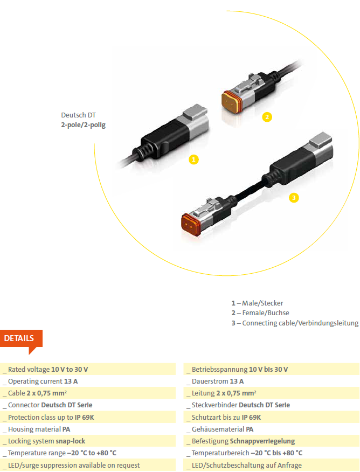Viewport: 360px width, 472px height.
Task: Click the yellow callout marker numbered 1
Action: click(x=193, y=159)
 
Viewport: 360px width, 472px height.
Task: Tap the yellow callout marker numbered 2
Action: click(x=267, y=117)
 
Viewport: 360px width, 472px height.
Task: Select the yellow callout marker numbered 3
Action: click(x=294, y=198)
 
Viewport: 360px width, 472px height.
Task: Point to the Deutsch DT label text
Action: click(x=78, y=115)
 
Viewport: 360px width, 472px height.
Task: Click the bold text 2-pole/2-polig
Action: click(x=84, y=125)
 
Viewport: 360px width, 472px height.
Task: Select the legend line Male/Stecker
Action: click(x=258, y=303)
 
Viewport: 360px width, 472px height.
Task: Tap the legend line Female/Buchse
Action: click(x=260, y=313)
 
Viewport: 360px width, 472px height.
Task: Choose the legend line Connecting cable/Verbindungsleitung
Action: click(x=295, y=323)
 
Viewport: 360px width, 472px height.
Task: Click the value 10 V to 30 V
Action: click(x=70, y=369)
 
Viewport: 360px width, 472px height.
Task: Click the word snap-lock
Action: click(x=71, y=441)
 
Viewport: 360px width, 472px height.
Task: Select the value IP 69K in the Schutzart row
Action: click(x=251, y=418)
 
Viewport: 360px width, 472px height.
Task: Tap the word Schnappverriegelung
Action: click(x=262, y=441)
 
